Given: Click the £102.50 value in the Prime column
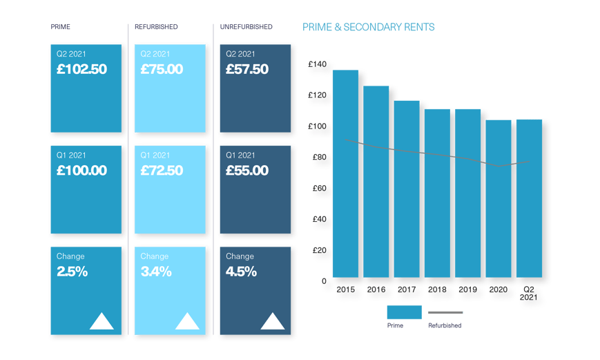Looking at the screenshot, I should pyautogui.click(x=81, y=69).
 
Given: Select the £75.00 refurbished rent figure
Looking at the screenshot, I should pyautogui.click(x=162, y=69).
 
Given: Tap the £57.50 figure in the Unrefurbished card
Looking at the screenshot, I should pyautogui.click(x=247, y=69).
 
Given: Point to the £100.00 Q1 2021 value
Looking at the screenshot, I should pyautogui.click(x=81, y=170).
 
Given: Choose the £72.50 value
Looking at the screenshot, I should pyautogui.click(x=162, y=170).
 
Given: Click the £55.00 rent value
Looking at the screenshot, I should pyautogui.click(x=247, y=170).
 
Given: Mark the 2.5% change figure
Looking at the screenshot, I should pyautogui.click(x=72, y=272).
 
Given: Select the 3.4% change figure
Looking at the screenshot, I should pyautogui.click(x=156, y=272).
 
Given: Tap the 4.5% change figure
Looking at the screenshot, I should pyautogui.click(x=242, y=272).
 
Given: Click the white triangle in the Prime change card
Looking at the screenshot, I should pyautogui.click(x=102, y=321).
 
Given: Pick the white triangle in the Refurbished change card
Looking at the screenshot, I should pyautogui.click(x=187, y=321).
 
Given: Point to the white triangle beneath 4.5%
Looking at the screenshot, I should pyautogui.click(x=273, y=321).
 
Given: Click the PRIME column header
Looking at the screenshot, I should pyautogui.click(x=61, y=27).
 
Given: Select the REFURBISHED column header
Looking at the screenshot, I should pyautogui.click(x=156, y=27).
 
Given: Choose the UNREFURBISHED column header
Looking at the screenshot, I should pyautogui.click(x=246, y=27).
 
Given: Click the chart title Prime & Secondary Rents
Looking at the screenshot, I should pyautogui.click(x=369, y=27).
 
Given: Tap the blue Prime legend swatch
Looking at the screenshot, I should pyautogui.click(x=405, y=312).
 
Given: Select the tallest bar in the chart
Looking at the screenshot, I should pyautogui.click(x=345, y=173).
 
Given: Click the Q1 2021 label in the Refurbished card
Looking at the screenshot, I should pyautogui.click(x=155, y=155).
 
